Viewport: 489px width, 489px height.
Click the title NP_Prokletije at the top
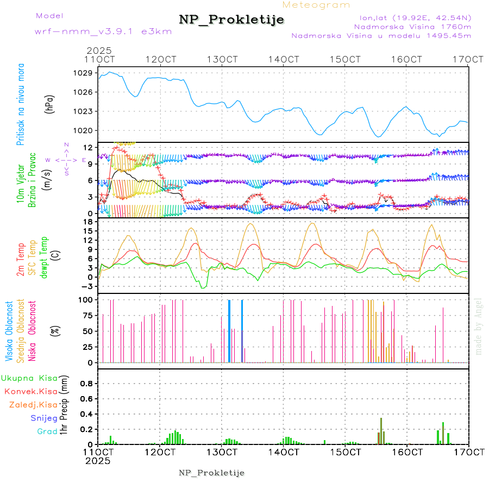tap(231, 20)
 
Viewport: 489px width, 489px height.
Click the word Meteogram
tap(316, 5)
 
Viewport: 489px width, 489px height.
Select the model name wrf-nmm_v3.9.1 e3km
tap(103, 32)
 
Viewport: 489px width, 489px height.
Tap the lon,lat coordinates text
tap(412, 17)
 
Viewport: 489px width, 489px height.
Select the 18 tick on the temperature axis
tap(87, 221)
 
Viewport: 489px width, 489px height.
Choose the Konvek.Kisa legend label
tap(30, 391)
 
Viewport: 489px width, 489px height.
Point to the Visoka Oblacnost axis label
tap(9, 331)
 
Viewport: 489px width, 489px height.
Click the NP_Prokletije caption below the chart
tap(211, 472)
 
